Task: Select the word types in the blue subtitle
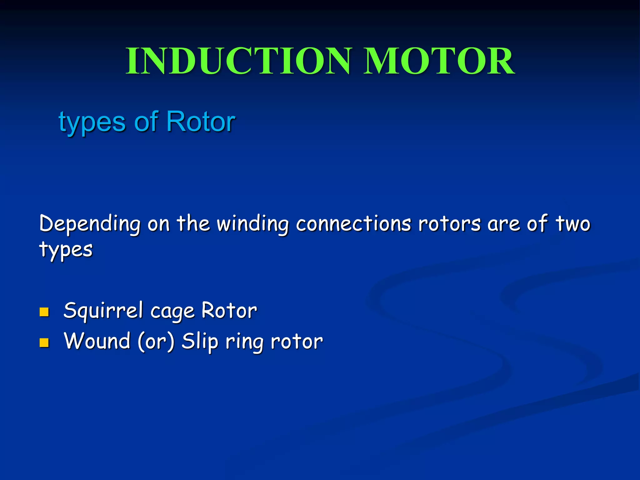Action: pyautogui.click(x=92, y=122)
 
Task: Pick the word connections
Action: pyautogui.click(x=353, y=224)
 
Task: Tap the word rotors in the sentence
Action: pyautogui.click(x=449, y=224)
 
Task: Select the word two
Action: pyautogui.click(x=573, y=224)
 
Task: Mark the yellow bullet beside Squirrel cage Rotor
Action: pyautogui.click(x=44, y=312)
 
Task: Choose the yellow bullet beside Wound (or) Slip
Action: pyautogui.click(x=44, y=342)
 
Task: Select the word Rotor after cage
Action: pyautogui.click(x=229, y=311)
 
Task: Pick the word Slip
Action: pyautogui.click(x=200, y=341)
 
